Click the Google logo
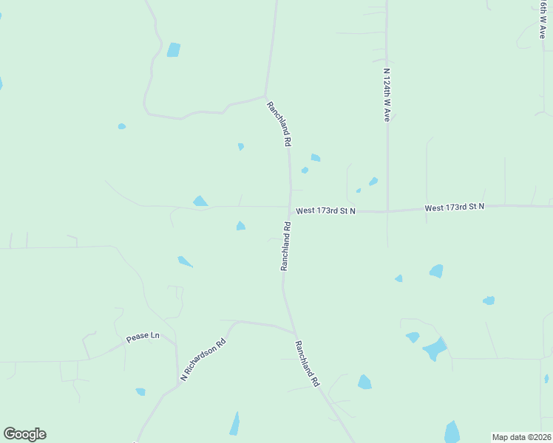(24, 434)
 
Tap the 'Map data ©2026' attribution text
(521, 436)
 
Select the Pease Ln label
(143, 337)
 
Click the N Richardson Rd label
(203, 361)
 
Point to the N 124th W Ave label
(386, 95)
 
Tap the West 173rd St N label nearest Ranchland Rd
(326, 211)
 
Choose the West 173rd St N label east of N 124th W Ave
(454, 207)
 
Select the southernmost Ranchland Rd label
(307, 363)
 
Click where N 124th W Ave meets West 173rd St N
(387, 211)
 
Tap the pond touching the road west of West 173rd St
(200, 201)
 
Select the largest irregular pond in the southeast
(436, 348)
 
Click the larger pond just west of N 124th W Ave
(373, 182)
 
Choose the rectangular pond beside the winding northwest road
(173, 50)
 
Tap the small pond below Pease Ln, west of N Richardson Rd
(140, 391)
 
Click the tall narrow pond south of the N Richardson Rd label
(234, 424)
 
